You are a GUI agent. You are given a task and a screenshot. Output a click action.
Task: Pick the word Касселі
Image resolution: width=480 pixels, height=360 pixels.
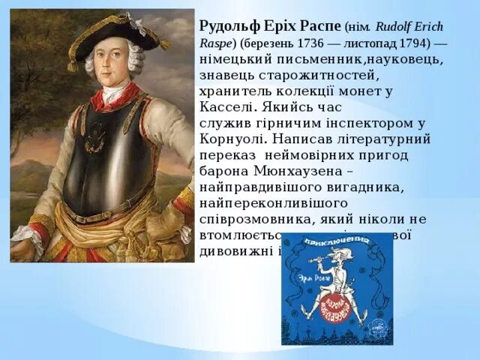(x=226, y=106)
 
